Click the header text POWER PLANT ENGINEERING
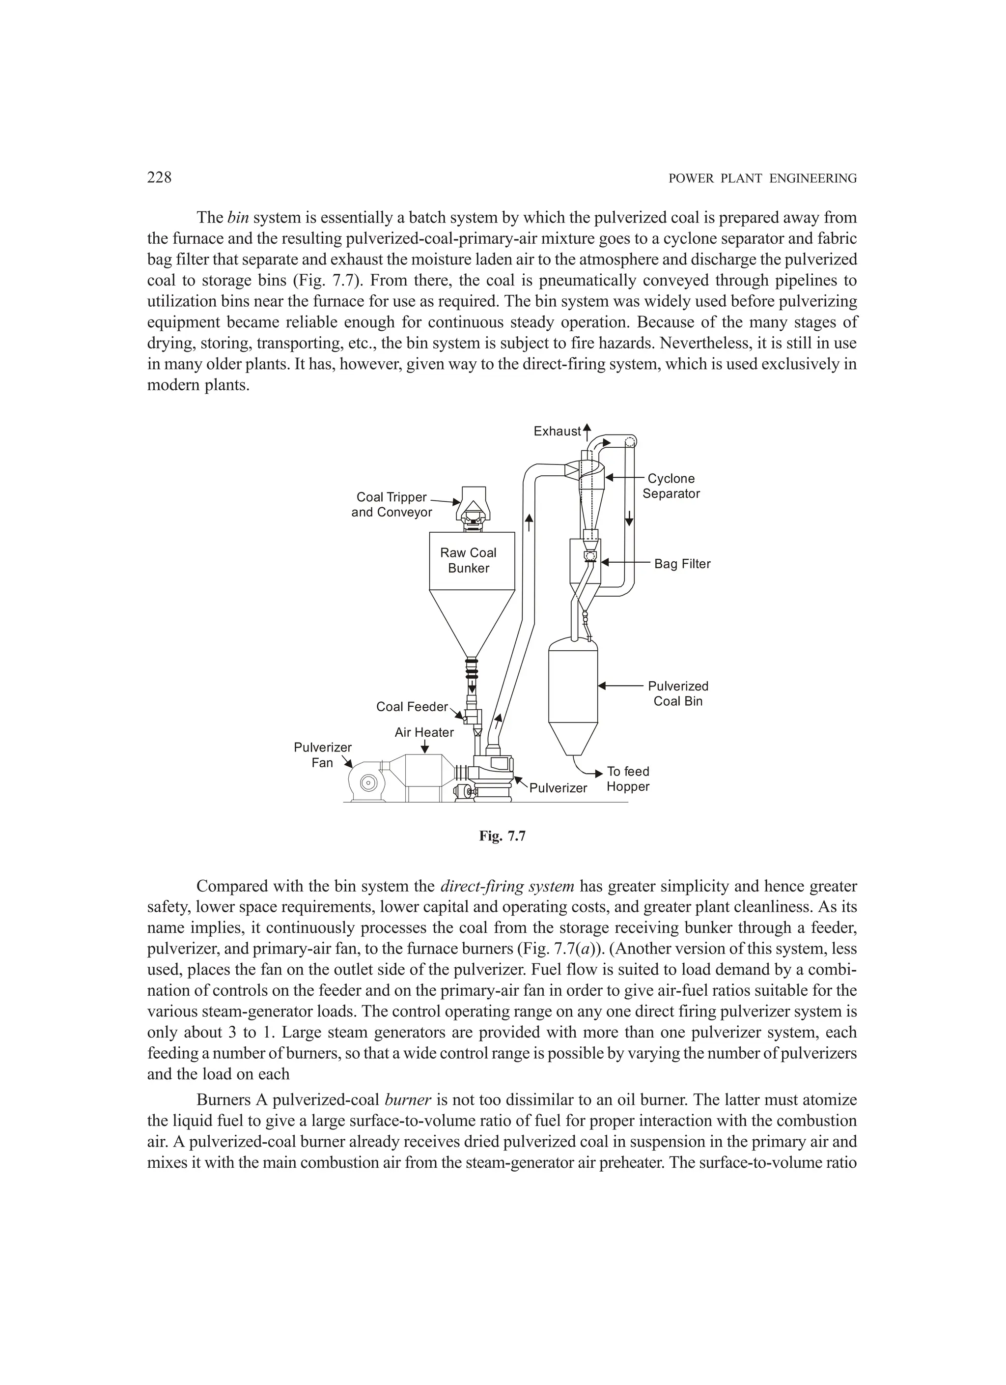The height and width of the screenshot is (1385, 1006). [762, 178]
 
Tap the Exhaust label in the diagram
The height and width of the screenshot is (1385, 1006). [557, 431]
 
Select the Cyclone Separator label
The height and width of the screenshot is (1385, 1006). [671, 486]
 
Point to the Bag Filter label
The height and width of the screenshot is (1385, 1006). [682, 564]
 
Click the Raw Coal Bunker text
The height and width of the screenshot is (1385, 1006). [468, 560]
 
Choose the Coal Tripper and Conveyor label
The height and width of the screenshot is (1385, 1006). [391, 504]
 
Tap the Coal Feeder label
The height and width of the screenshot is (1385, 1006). [412, 707]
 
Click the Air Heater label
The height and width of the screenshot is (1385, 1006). [424, 732]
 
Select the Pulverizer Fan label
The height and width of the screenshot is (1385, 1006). [322, 755]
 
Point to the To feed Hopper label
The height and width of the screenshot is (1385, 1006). [628, 779]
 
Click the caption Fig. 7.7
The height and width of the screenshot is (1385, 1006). [503, 837]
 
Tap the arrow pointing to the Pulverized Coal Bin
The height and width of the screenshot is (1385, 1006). [619, 687]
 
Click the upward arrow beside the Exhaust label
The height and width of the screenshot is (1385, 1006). [587, 431]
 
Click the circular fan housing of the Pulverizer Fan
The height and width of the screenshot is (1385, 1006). [368, 782]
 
